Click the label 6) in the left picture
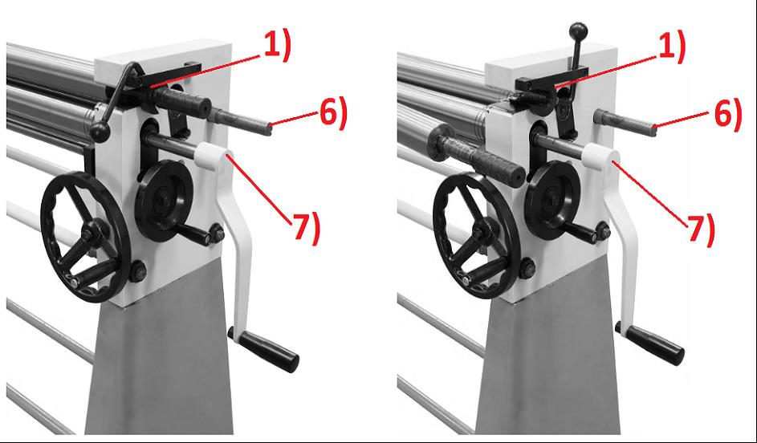333,114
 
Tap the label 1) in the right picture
671,47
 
